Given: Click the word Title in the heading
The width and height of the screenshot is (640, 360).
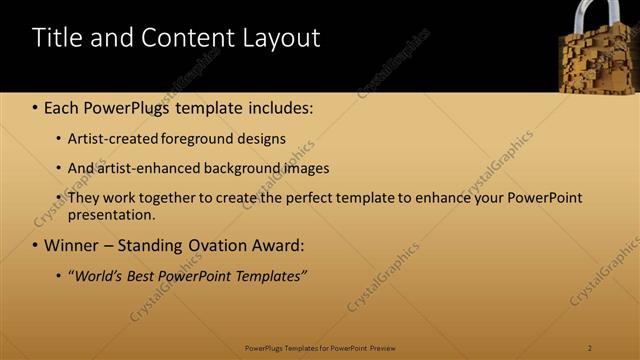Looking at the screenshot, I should pos(58,39).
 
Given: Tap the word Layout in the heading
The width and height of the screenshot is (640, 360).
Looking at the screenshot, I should pos(281,39).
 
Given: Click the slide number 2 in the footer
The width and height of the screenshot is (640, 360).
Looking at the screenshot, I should pos(590,347).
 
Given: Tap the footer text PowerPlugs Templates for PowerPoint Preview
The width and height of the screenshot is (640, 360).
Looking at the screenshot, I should pos(320,347).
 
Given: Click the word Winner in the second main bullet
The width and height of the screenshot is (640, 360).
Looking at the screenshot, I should pos(74,245).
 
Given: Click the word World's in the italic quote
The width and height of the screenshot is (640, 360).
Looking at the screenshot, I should pos(98,275).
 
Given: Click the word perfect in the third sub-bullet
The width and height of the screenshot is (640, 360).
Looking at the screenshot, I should pos(319,198).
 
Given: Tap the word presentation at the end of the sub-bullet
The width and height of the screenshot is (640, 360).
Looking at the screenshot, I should pos(111,214).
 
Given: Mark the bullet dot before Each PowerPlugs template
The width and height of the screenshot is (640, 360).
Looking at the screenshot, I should pos(35,106).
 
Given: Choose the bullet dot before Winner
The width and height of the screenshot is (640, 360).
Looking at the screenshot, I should pos(35,245).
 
